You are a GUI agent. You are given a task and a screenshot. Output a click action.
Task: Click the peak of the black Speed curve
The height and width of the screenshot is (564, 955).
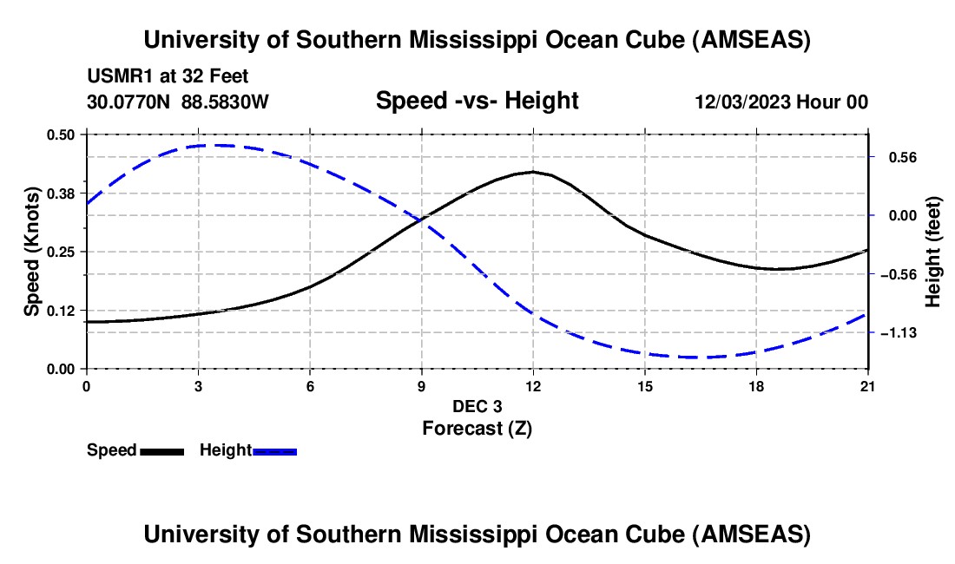point(533,172)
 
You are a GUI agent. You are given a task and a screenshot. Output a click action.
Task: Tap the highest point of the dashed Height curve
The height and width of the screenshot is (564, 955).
point(217,145)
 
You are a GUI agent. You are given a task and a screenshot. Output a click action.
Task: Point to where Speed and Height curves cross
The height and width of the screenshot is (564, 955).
point(422,220)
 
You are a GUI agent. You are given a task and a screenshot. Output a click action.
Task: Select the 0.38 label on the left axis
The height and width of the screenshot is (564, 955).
point(64,193)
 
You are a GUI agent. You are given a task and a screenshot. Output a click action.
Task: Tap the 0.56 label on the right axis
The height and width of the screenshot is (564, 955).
point(894,157)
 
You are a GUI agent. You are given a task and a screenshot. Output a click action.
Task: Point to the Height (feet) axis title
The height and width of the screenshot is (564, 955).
point(932,252)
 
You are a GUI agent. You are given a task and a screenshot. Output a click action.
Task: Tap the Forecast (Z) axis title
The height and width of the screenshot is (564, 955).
point(477,428)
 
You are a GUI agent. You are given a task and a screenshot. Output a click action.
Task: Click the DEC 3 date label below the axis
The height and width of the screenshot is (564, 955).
point(477,406)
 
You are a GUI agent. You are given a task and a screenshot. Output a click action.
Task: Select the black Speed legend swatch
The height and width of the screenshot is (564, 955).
point(161,450)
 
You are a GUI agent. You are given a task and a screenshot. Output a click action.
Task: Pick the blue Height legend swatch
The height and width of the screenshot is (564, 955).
point(275,450)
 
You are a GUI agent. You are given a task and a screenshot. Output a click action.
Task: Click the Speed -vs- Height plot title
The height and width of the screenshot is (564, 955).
point(477,101)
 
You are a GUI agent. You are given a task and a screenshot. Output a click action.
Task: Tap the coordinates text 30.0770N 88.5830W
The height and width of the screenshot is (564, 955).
point(178,102)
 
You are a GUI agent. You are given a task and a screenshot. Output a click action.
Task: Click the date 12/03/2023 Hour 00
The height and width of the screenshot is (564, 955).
point(781,102)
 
